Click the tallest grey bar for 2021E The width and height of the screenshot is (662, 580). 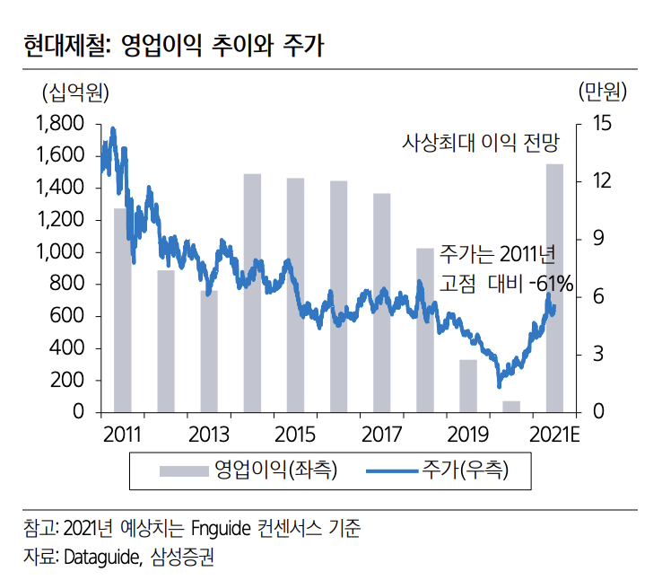(x=554, y=287)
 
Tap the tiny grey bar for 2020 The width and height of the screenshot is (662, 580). (x=511, y=407)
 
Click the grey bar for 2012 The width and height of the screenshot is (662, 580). (x=166, y=341)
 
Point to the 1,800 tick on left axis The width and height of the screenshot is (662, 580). (x=60, y=123)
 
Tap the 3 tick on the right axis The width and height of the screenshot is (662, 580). (x=597, y=355)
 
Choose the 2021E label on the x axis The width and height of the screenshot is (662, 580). (x=554, y=435)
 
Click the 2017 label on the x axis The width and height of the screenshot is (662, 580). (x=382, y=435)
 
